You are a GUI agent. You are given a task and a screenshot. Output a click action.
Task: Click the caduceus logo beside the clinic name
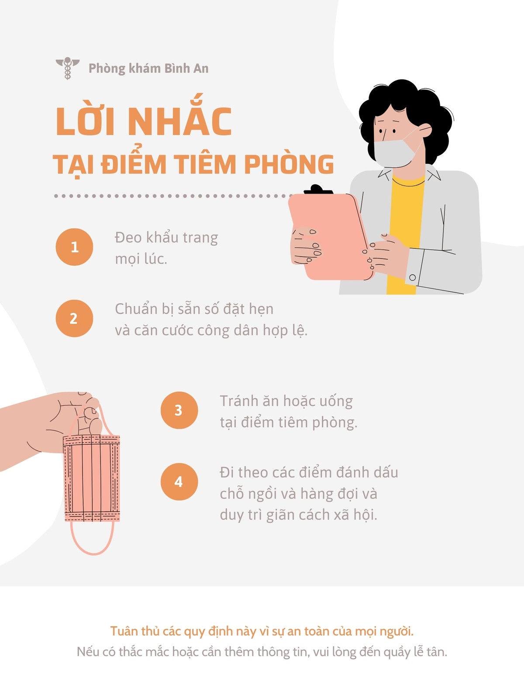pos(67,68)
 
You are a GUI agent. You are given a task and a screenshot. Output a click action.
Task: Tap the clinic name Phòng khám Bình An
pos(148,69)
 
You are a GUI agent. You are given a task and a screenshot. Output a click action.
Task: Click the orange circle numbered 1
pos(74,247)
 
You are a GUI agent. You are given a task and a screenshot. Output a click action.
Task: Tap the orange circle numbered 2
pos(74,318)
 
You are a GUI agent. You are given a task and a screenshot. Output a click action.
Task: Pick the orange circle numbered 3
pos(179,410)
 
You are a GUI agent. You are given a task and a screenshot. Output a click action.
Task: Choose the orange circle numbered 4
pos(179,481)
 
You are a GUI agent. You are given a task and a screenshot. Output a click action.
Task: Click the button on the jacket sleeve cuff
pos(413,277)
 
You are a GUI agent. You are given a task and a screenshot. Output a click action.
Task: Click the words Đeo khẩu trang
pos(166,238)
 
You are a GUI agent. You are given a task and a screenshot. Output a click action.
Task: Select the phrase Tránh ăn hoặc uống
pos(286,401)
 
